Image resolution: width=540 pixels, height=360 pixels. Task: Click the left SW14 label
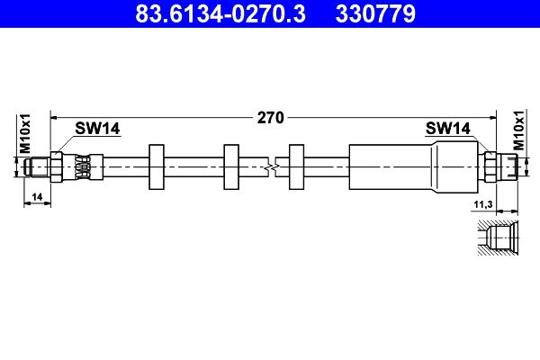(97, 130)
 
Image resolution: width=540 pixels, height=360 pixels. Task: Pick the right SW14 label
(448, 130)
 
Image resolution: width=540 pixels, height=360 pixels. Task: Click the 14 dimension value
(36, 195)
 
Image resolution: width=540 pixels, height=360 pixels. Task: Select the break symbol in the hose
(273, 165)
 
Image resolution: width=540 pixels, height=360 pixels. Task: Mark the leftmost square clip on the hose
(156, 165)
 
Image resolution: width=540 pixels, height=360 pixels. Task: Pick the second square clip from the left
(230, 165)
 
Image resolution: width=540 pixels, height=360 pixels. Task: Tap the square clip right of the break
(296, 165)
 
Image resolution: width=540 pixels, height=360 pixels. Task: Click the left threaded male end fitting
(37, 166)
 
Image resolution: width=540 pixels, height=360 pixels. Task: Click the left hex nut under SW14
(58, 166)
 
